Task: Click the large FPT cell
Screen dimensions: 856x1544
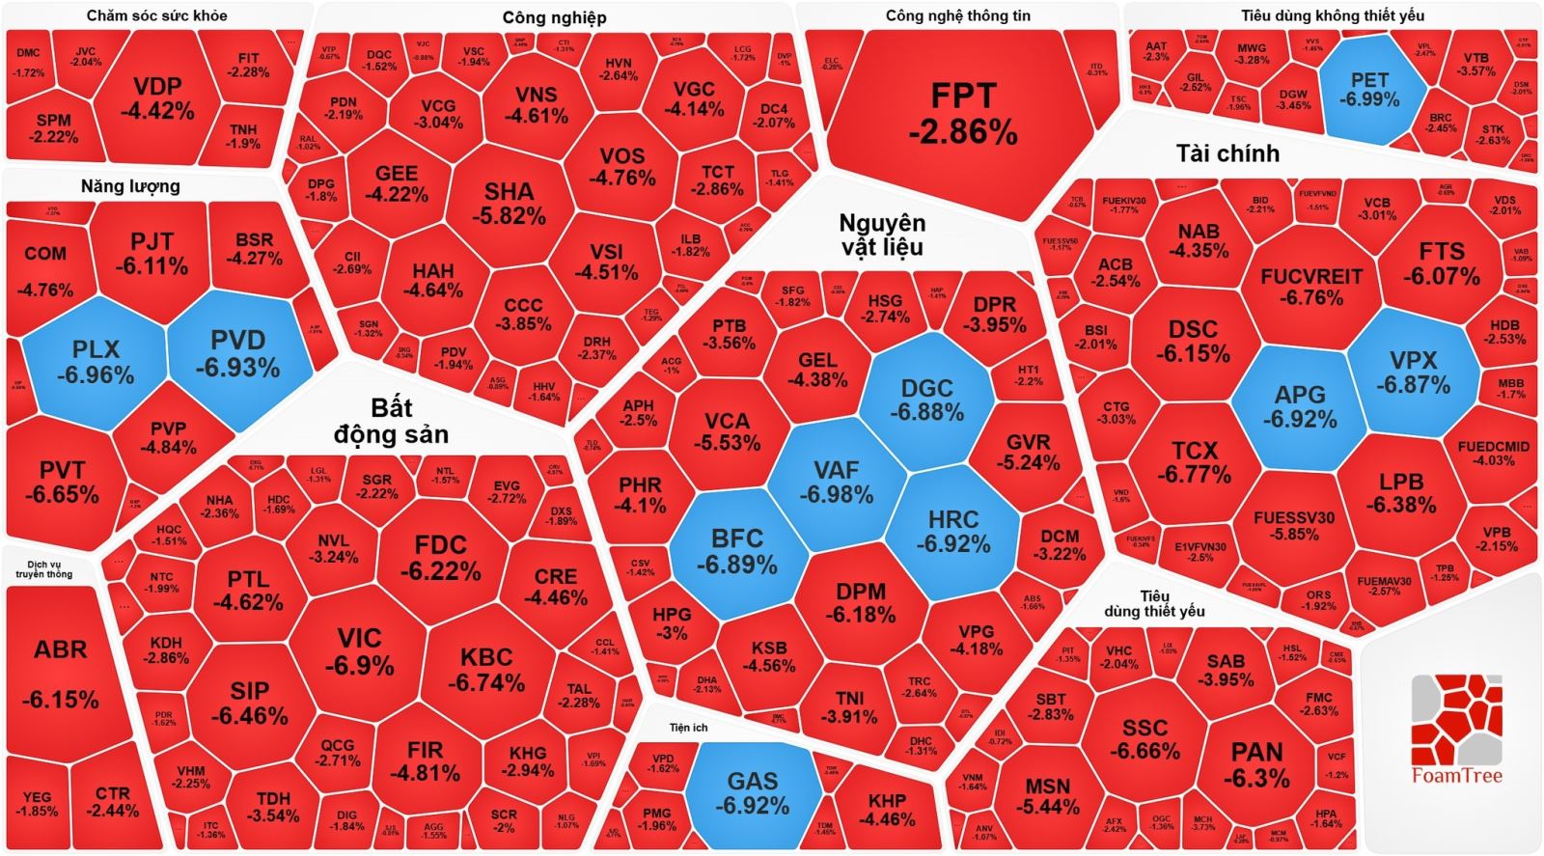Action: (x=962, y=114)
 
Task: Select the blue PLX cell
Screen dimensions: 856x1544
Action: (x=96, y=360)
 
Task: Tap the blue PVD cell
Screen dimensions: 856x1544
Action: (x=237, y=353)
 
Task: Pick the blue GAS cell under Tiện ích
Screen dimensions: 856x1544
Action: (x=753, y=792)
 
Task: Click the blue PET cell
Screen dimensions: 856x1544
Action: (x=1369, y=89)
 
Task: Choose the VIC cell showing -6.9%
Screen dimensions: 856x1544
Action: (x=359, y=652)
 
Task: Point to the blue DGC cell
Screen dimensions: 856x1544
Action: (x=926, y=400)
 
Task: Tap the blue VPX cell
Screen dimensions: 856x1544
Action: (x=1413, y=372)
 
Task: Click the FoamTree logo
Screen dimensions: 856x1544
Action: (x=1456, y=730)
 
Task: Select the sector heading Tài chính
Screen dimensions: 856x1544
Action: (x=1227, y=153)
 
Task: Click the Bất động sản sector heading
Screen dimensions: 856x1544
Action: (x=391, y=422)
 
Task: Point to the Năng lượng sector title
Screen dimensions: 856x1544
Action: (x=130, y=186)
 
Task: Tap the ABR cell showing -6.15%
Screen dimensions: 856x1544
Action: (x=60, y=673)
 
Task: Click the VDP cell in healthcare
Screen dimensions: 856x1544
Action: (x=157, y=97)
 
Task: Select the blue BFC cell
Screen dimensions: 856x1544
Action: (x=737, y=550)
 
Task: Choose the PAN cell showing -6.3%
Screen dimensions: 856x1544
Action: (x=1256, y=764)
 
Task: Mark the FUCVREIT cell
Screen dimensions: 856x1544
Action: (x=1310, y=287)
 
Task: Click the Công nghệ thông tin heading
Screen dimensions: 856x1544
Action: (x=958, y=15)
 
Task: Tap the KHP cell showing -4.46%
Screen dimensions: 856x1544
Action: (x=886, y=809)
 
